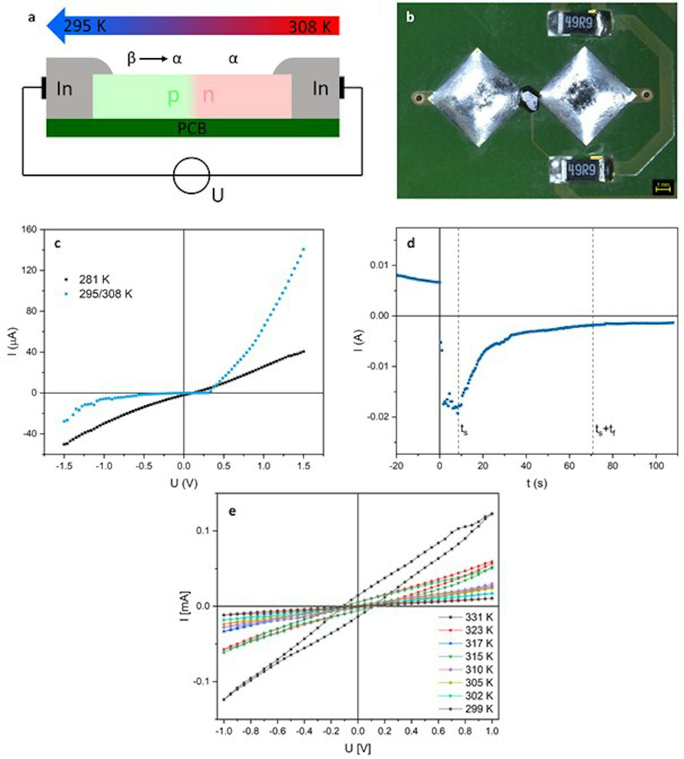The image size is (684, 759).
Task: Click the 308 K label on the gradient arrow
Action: (x=310, y=27)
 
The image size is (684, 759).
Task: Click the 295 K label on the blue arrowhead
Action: (x=84, y=26)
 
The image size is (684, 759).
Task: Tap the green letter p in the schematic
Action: (x=173, y=96)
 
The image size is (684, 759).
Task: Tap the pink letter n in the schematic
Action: (x=208, y=95)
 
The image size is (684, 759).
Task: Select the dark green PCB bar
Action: (x=192, y=128)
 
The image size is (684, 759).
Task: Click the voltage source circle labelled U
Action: (x=192, y=176)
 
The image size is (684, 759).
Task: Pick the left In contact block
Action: (x=65, y=89)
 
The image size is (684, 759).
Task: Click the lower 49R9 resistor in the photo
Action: (x=581, y=169)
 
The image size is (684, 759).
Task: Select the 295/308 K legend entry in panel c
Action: (x=105, y=294)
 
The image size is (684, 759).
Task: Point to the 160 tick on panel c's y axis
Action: (x=29, y=229)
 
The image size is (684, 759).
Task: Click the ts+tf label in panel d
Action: (x=605, y=431)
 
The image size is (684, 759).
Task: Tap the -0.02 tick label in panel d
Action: (x=378, y=417)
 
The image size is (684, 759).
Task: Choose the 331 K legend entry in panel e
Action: (x=478, y=617)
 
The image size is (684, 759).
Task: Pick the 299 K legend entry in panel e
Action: (x=478, y=709)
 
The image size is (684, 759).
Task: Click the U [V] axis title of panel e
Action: (x=358, y=748)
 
